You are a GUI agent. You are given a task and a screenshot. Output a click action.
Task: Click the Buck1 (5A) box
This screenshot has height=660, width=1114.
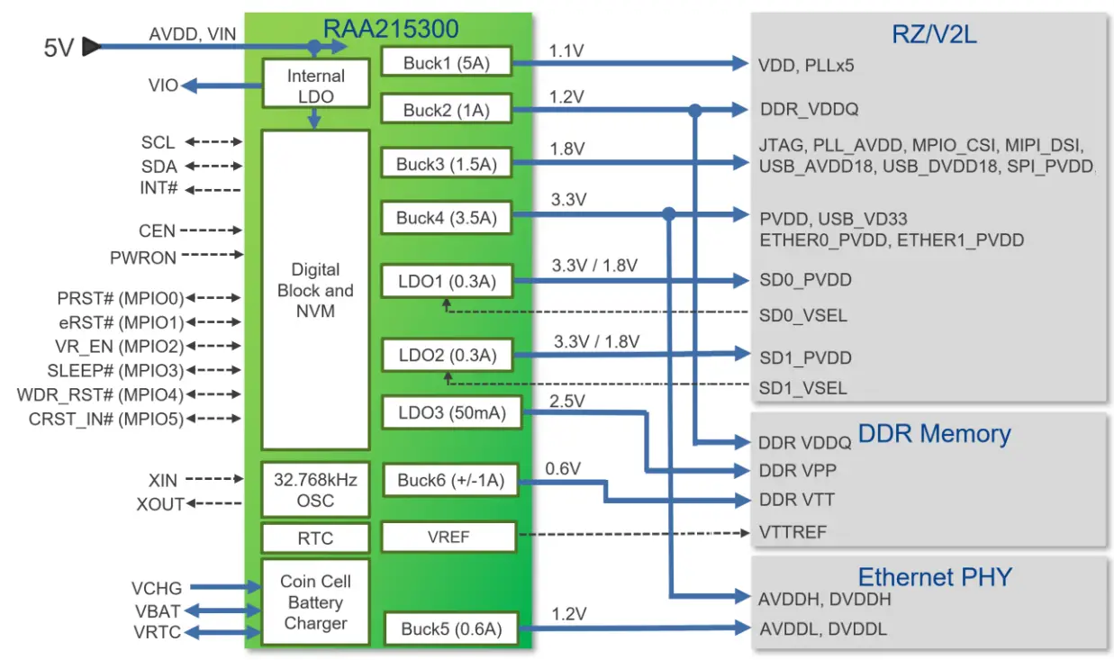(x=447, y=62)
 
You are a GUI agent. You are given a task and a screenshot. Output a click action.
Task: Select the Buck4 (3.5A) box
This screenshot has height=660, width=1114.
(x=447, y=217)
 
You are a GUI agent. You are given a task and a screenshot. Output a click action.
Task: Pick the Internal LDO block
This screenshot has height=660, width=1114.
(x=315, y=86)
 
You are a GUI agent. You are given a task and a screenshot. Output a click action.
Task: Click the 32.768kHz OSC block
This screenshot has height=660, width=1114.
(x=315, y=490)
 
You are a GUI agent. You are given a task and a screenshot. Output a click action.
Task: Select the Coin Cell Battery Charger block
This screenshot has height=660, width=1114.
(x=315, y=602)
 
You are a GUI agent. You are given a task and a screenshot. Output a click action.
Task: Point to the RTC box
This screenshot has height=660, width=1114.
(x=315, y=538)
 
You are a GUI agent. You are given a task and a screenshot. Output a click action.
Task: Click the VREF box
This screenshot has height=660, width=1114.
(x=448, y=537)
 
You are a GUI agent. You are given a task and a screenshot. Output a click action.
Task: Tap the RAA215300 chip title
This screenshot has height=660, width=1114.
(x=391, y=29)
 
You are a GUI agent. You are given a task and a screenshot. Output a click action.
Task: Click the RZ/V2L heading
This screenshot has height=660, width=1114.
(x=934, y=35)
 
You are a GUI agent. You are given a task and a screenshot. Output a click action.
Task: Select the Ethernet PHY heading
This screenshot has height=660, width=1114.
(x=934, y=577)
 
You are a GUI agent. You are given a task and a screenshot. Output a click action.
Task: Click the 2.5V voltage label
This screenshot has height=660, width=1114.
(x=567, y=400)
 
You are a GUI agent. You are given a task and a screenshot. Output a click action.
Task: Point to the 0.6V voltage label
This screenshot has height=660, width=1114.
(x=564, y=469)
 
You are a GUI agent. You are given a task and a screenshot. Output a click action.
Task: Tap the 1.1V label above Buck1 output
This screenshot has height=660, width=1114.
(x=566, y=51)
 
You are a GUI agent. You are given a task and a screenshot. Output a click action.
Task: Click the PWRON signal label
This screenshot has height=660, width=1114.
(x=143, y=258)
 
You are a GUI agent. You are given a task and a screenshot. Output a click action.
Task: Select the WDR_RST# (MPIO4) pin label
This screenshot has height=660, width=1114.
(x=100, y=395)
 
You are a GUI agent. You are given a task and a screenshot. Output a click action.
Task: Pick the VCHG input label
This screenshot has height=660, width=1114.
(x=157, y=588)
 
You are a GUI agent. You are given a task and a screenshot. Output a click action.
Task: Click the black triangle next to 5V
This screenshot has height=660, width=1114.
(x=91, y=47)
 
